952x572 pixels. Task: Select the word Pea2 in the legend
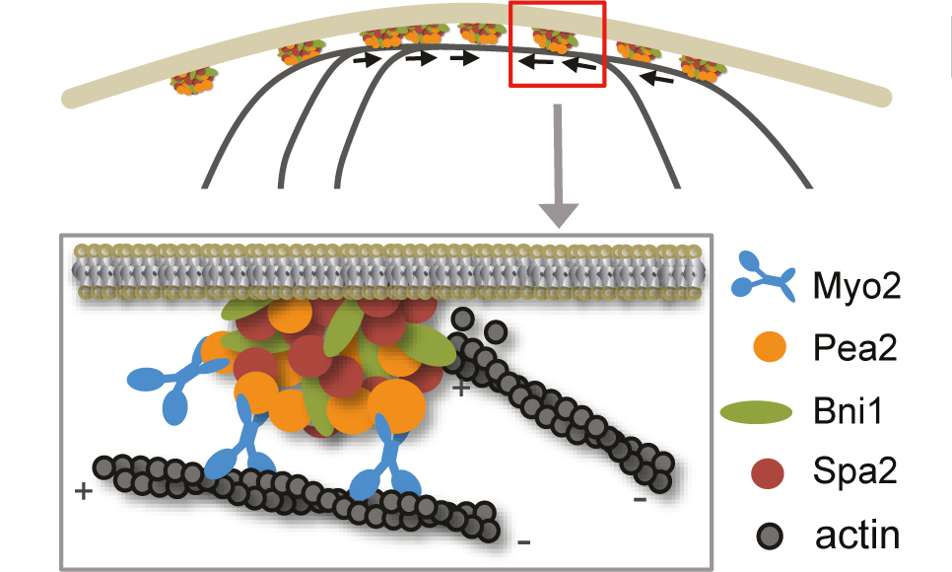[855, 348]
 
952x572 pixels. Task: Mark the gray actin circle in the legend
[767, 537]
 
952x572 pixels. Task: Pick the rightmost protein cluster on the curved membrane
[703, 68]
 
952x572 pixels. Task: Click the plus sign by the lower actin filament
[82, 490]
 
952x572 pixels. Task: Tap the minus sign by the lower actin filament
[523, 540]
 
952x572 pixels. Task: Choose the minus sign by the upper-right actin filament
[640, 499]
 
